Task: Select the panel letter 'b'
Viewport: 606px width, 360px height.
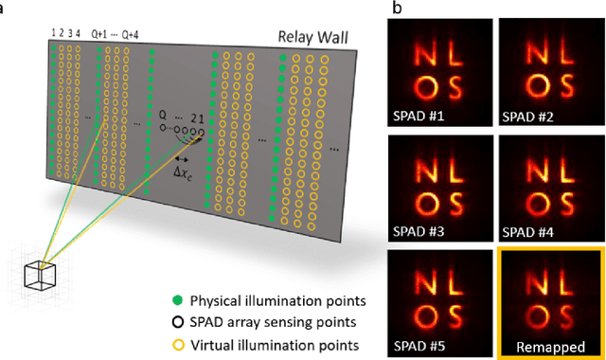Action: [396, 9]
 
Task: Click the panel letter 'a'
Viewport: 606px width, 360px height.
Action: [5, 9]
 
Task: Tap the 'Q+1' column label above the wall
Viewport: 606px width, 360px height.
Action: [99, 36]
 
